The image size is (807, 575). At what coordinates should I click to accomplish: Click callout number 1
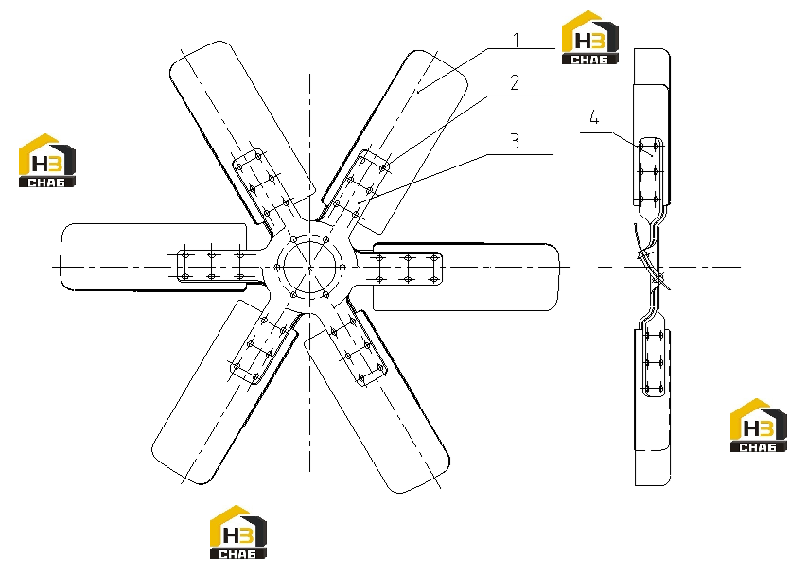point(517,40)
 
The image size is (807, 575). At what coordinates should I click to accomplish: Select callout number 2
point(515,82)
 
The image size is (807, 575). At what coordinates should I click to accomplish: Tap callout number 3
point(515,141)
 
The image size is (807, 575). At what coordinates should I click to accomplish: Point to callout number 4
point(594,118)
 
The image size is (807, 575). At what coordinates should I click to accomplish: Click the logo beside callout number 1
point(589,38)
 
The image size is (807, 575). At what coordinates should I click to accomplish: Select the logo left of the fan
point(47,161)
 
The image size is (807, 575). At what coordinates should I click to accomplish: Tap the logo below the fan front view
point(238,531)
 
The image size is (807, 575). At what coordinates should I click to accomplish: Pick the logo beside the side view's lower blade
point(759,426)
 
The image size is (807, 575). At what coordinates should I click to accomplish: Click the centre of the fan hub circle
point(309,268)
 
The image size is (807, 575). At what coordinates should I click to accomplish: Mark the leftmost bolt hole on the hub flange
point(277,268)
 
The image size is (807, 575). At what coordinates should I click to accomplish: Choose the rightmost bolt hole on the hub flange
point(342,268)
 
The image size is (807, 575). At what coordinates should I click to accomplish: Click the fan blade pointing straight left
point(154,256)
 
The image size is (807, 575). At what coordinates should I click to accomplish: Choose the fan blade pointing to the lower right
point(378,401)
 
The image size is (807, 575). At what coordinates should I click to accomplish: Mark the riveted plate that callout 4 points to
point(650,172)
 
